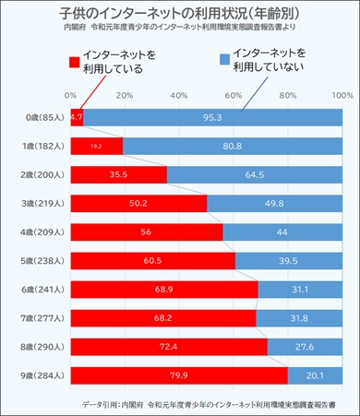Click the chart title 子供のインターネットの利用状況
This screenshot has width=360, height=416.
pos(181,17)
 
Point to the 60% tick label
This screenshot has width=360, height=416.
pos(233,96)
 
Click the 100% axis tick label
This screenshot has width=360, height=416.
pos(342,96)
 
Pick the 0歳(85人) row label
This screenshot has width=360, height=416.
pos(37,118)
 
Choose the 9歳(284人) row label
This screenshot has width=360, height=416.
pos(37,375)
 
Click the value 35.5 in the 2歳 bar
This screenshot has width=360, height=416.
pos(117,175)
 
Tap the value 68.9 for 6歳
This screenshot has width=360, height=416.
pos(163,290)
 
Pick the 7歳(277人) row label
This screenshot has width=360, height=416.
pos(37,318)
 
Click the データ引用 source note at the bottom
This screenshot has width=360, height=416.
pos(208,404)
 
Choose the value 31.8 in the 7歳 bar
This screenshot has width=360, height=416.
pos(299,318)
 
